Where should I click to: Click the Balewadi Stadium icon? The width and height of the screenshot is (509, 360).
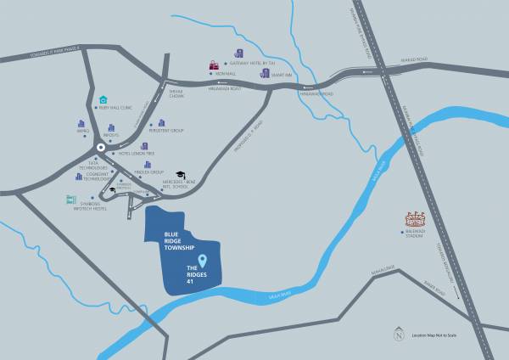[x=414, y=219]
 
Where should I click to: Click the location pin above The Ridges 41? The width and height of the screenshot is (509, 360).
[x=202, y=259]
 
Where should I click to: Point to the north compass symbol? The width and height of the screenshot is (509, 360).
[x=399, y=334]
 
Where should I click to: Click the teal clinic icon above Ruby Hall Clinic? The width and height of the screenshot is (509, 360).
[x=104, y=99]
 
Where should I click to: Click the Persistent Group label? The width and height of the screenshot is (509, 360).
[x=166, y=131]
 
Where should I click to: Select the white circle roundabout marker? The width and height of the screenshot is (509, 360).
[x=100, y=147]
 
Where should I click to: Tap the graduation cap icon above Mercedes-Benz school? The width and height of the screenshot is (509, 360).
[x=180, y=174]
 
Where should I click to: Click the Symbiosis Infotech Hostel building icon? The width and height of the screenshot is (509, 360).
[x=71, y=200]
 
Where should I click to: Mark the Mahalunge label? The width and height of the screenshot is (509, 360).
[x=383, y=267]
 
